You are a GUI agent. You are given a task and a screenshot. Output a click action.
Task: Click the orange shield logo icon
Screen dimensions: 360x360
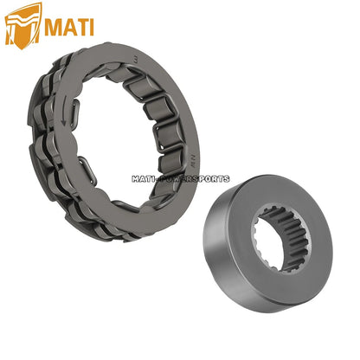22,24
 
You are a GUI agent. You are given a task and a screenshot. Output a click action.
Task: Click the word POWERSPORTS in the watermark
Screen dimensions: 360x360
196,179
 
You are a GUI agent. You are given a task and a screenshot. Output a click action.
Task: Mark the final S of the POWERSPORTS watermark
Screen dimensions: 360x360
227,179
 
